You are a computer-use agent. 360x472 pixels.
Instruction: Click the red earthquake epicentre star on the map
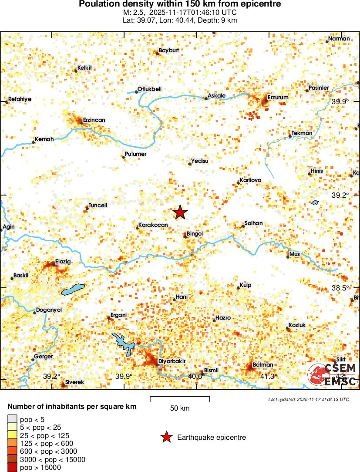(180, 212)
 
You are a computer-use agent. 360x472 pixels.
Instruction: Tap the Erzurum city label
(278, 98)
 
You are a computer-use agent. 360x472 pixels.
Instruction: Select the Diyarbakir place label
(172, 361)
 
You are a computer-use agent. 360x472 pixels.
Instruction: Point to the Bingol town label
(195, 234)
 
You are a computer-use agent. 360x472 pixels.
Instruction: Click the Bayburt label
(169, 51)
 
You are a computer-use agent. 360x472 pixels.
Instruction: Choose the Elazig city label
(63, 262)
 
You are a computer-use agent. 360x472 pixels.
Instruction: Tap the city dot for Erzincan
(81, 123)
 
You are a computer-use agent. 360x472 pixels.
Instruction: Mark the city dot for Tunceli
(87, 208)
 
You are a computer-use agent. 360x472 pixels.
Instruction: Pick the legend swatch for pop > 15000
(12, 467)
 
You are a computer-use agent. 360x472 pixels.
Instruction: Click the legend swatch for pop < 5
(12, 420)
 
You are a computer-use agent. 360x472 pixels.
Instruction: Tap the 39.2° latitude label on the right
(340, 196)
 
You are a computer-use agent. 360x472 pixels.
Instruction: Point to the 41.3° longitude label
(269, 376)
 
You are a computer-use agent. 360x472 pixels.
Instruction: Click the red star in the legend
(166, 437)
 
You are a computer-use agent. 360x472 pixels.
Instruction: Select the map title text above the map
(180, 4)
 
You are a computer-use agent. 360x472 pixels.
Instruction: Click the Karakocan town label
(153, 226)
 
